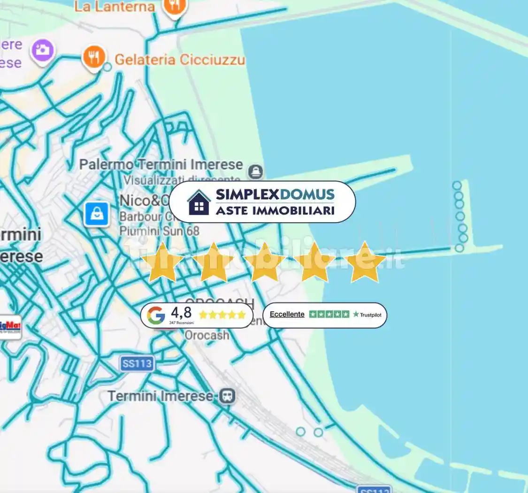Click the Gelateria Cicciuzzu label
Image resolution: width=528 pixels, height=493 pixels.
pyautogui.click(x=180, y=60)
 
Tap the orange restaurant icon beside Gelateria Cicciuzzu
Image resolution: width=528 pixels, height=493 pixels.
pyautogui.click(x=94, y=57)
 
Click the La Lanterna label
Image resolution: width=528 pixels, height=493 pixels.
pyautogui.click(x=115, y=6)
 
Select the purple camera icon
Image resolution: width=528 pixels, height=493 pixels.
pyautogui.click(x=43, y=49)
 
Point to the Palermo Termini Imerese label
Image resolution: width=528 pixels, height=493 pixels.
pyautogui.click(x=161, y=165)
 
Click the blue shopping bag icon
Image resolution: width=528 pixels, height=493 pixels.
pyautogui.click(x=97, y=215)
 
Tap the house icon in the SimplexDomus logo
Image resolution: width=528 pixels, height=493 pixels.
pyautogui.click(x=199, y=202)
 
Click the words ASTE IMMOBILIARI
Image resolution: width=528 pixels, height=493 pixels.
pyautogui.click(x=275, y=210)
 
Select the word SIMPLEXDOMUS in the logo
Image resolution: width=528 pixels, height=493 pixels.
pyautogui.click(x=275, y=194)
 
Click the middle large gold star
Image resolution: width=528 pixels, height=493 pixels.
pyautogui.click(x=264, y=262)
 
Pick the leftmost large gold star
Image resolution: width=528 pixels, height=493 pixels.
pyautogui.click(x=162, y=262)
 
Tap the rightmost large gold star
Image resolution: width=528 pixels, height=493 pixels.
pyautogui.click(x=365, y=262)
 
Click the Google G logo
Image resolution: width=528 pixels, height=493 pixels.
pyautogui.click(x=156, y=315)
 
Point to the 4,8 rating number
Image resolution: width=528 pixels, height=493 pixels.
pyautogui.click(x=181, y=313)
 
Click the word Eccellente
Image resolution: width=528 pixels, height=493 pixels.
pyautogui.click(x=287, y=314)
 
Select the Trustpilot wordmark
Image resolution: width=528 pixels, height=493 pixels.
pyautogui.click(x=367, y=315)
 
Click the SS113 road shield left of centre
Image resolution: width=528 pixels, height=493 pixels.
pyautogui.click(x=137, y=364)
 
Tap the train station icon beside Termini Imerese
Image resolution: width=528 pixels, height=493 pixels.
pyautogui.click(x=227, y=396)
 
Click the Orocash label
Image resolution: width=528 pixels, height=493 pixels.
pyautogui.click(x=207, y=335)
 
